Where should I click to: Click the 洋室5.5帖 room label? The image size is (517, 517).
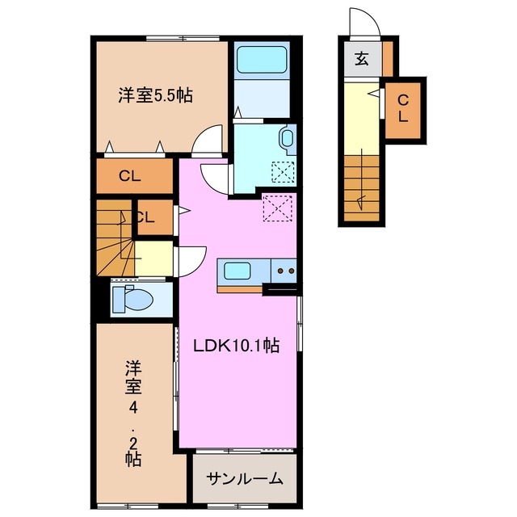point(155,95)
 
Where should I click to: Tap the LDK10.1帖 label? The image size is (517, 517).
point(236,346)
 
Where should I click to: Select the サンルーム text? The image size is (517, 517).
point(245,479)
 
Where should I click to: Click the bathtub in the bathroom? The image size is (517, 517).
point(262,60)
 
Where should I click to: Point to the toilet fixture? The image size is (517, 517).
point(132,299)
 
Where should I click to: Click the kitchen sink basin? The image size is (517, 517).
point(237,271)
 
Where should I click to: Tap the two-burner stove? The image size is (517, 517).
point(284,271)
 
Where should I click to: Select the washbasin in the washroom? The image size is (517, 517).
point(288,140)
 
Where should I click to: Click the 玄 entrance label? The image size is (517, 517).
point(361,59)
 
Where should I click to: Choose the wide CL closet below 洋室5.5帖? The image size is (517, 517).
point(135,176)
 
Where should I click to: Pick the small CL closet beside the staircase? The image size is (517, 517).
point(155,217)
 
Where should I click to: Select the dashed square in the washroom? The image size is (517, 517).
point(283,172)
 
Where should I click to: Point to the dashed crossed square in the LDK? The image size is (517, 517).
point(277,208)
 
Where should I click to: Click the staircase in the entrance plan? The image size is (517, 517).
point(362,188)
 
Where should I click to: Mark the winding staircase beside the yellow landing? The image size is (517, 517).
point(116,237)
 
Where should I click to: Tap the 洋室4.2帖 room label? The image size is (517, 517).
point(133,414)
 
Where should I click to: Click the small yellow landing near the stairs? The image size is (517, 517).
point(153,258)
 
